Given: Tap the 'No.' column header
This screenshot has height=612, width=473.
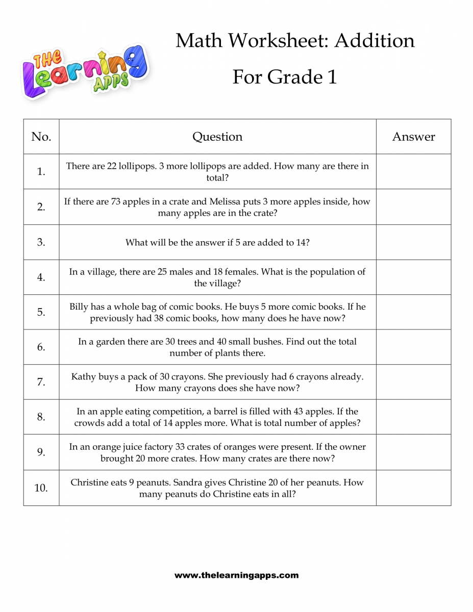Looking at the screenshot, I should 41,137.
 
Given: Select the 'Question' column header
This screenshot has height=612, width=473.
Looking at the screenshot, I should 217,137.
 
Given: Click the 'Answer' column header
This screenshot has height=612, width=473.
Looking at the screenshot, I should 413,137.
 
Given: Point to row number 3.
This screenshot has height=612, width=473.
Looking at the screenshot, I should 41,242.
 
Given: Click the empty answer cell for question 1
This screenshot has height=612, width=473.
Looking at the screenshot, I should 413,171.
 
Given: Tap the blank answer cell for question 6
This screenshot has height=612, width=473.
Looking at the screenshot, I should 413,347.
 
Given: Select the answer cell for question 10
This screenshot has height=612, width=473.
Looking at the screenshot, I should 413,488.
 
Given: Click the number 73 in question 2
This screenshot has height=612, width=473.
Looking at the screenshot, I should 116,201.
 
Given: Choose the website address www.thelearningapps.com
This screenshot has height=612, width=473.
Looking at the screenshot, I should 236,575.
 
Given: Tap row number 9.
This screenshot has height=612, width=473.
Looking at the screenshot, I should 41,452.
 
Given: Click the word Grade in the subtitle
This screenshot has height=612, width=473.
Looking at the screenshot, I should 295,77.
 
